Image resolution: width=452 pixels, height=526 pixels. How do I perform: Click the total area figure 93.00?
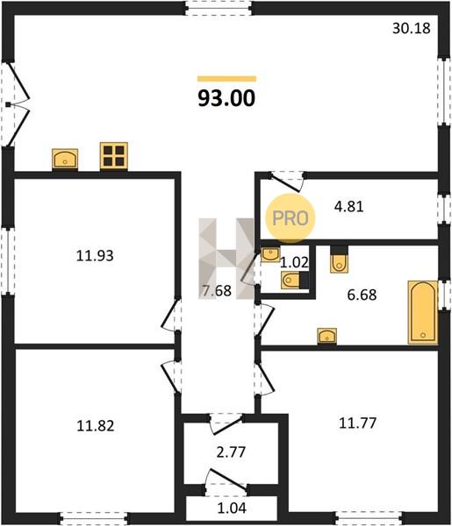tap(226, 98)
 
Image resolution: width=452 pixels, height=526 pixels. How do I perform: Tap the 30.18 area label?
tap(412, 28)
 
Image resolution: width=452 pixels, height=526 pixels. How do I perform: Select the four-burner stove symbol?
tap(114, 156)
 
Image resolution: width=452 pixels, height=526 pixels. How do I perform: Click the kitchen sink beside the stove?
tap(65, 159)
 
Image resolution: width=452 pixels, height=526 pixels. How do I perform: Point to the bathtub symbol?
tap(423, 312)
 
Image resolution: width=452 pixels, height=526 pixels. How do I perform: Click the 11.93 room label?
tap(95, 256)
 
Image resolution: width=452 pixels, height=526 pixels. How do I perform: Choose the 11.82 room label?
tap(96, 426)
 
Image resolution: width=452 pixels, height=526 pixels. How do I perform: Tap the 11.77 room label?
tap(357, 423)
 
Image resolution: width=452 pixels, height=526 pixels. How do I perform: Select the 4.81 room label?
tap(349, 207)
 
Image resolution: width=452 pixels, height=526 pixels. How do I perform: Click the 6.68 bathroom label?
tap(362, 295)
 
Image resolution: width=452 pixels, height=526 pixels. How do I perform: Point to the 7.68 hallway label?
tap(217, 290)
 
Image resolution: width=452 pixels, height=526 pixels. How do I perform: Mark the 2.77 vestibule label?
tap(231, 452)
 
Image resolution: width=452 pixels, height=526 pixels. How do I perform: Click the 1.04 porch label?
tap(232, 508)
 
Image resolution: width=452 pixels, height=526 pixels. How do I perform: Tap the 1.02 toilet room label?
tap(294, 262)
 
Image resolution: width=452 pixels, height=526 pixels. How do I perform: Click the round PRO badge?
tap(291, 218)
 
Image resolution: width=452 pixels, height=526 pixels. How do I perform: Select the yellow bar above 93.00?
tap(226, 79)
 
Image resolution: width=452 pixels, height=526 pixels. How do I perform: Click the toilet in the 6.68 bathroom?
tap(339, 259)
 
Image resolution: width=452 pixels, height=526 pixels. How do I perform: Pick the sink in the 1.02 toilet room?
tap(270, 254)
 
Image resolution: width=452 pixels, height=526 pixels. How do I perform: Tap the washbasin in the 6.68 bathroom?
tap(327, 336)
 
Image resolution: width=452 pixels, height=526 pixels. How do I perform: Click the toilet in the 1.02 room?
tap(295, 281)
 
